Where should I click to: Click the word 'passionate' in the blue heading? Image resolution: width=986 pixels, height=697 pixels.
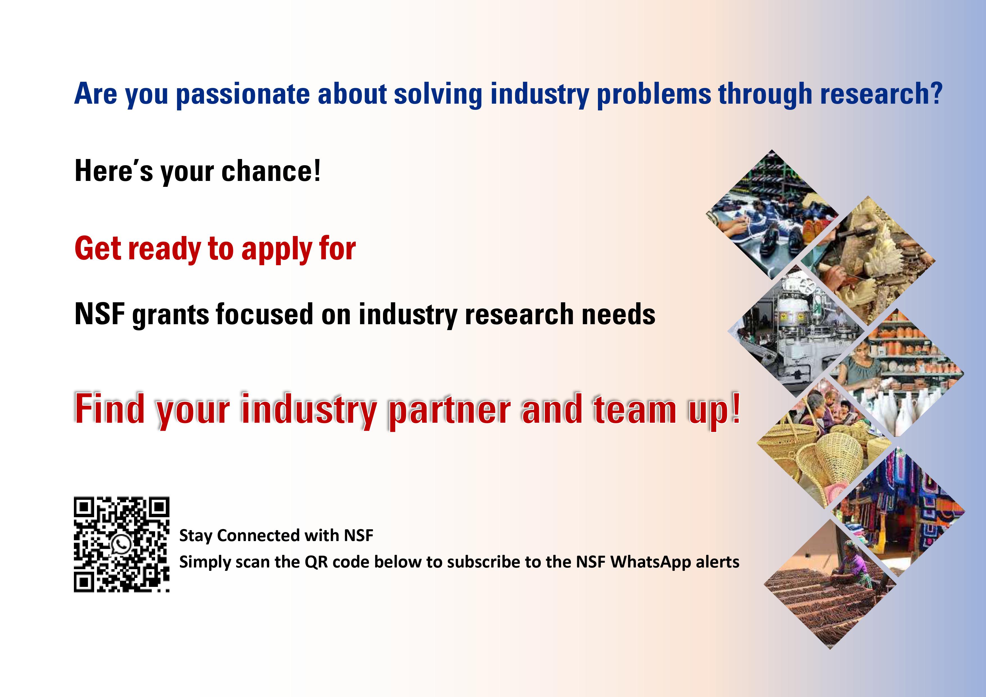pyautogui.click(x=243, y=94)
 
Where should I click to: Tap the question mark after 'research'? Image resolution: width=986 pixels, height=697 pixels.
pyautogui.click(x=936, y=92)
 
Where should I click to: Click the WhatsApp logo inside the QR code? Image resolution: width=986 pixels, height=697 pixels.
pyautogui.click(x=122, y=544)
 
